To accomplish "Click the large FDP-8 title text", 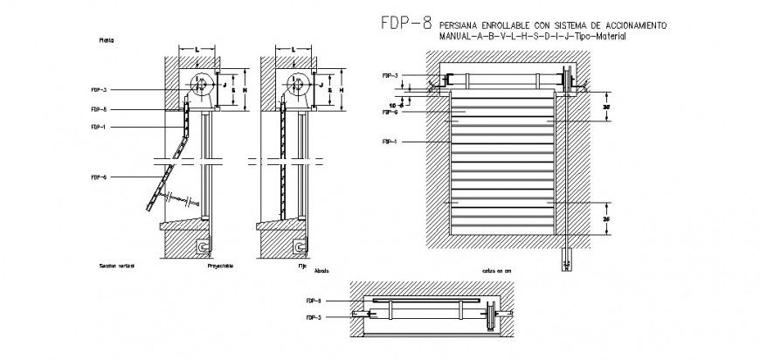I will pyautogui.click(x=405, y=25).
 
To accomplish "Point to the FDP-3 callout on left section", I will pyautogui.click(x=99, y=89).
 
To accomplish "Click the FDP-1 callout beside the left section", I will pyautogui.click(x=99, y=127).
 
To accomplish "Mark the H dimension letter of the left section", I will pyautogui.click(x=244, y=90).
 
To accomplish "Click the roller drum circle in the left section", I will pyautogui.click(x=201, y=87).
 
